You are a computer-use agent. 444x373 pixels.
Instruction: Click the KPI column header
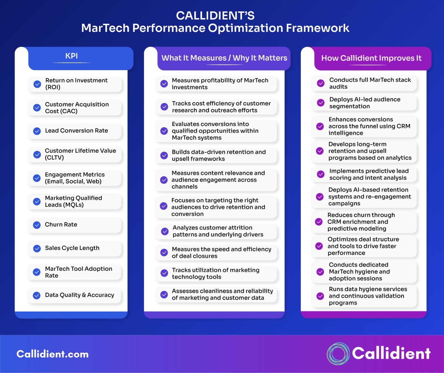point(72,56)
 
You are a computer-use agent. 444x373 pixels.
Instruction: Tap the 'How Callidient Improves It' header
point(371,58)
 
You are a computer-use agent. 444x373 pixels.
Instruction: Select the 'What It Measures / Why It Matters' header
point(224,58)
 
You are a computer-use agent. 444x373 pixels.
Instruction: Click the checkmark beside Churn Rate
point(37,225)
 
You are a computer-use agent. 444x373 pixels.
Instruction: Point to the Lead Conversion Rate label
point(76,131)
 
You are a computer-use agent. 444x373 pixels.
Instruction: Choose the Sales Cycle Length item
point(72,248)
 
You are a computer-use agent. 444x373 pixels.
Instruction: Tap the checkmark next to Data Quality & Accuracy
point(37,295)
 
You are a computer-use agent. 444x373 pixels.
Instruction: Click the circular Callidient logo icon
point(338,354)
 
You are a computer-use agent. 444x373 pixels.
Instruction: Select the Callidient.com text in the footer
point(52,354)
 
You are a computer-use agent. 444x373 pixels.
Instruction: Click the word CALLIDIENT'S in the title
point(215,16)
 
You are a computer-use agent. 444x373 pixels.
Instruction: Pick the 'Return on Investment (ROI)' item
point(76,84)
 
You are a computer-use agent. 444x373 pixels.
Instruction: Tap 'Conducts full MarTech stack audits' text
point(370,83)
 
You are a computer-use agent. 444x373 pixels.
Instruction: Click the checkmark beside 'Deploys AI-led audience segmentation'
point(321,103)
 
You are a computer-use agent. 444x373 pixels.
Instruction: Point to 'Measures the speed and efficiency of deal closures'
point(221,253)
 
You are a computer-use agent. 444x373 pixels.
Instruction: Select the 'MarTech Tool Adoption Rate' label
point(78,272)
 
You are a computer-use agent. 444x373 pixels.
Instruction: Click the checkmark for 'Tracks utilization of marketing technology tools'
point(164,273)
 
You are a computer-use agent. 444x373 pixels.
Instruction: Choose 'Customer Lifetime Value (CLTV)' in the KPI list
point(80,154)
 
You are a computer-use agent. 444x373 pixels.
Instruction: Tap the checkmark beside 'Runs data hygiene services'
point(320,296)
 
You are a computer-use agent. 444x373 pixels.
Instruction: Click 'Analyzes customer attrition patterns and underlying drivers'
point(218,231)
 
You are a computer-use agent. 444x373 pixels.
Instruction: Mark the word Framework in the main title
point(317,28)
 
